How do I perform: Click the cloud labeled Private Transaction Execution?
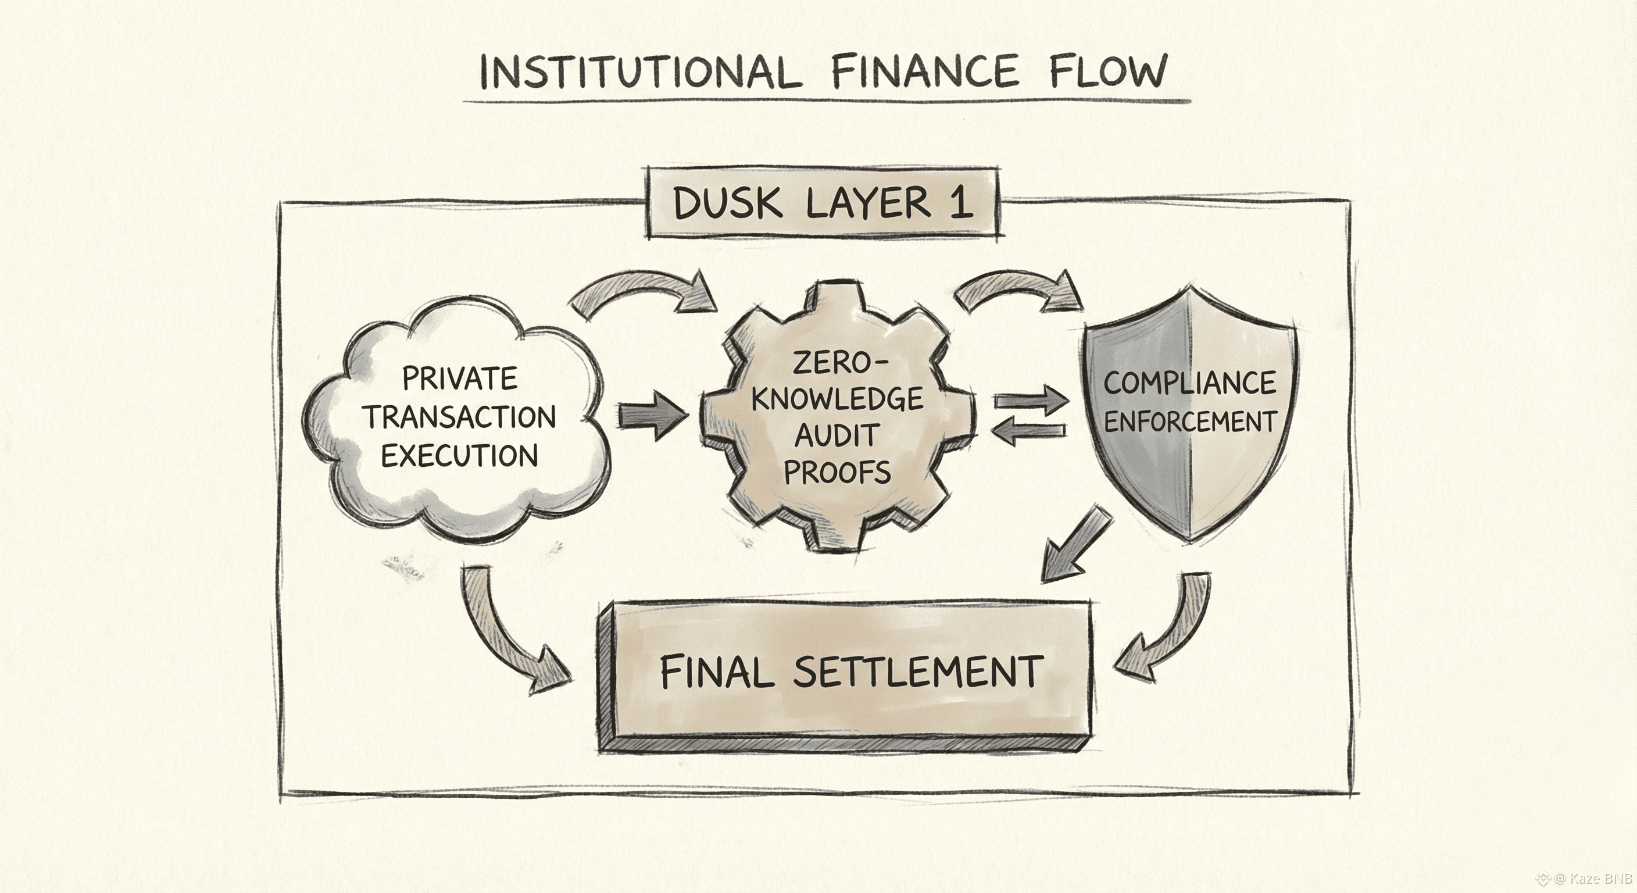[457, 420]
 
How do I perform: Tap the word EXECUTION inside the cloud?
[459, 456]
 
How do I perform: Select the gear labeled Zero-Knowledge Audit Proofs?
[838, 416]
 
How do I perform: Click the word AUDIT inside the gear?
[837, 436]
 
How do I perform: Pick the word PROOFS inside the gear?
[837, 472]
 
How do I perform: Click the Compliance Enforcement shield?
[1189, 413]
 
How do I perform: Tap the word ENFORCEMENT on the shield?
[1189, 422]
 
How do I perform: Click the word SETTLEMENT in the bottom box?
[918, 672]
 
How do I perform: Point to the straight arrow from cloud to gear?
[653, 416]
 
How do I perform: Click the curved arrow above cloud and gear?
[642, 292]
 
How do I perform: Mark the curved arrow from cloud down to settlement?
[509, 635]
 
